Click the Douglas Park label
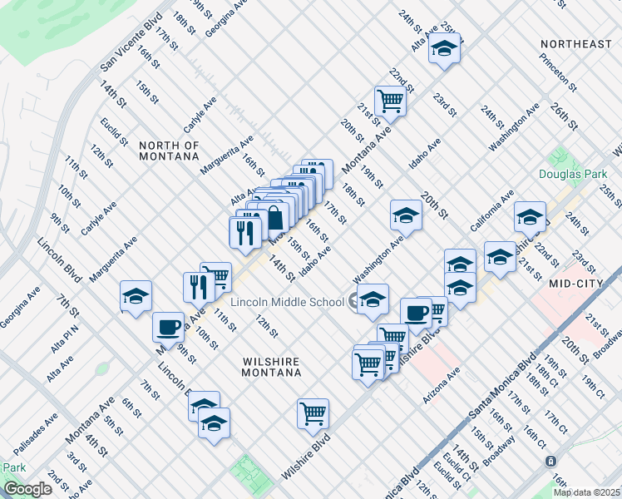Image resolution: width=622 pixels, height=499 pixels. [x=568, y=175]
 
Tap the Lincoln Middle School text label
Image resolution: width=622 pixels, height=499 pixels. [x=288, y=302]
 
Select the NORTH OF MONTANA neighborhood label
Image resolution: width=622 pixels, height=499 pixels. [x=169, y=151]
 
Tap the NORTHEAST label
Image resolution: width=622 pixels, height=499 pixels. [x=575, y=43]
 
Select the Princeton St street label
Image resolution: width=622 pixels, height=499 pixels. [x=557, y=72]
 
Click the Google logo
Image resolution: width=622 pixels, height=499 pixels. [x=27, y=489]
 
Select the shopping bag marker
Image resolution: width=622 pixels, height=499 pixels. [x=274, y=218]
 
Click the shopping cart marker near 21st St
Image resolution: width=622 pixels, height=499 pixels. [x=390, y=101]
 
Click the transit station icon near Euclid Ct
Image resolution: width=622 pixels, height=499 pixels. [x=550, y=460]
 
